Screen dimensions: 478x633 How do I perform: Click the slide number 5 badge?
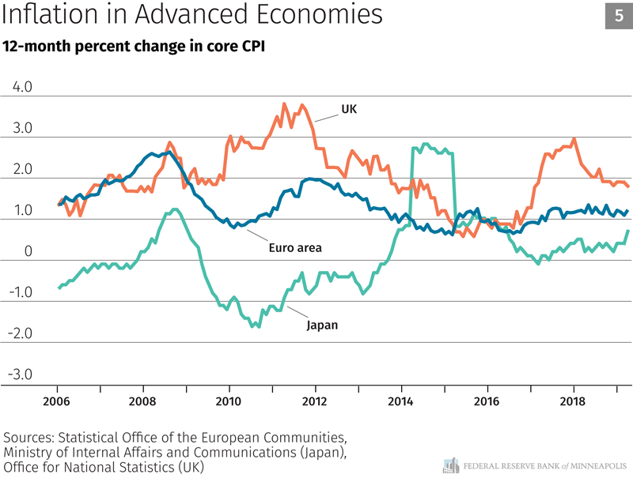[616, 17]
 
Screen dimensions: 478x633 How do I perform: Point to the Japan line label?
[321, 324]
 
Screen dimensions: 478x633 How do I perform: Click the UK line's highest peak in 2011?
[284, 104]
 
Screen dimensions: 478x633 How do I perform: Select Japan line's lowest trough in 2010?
[252, 326]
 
